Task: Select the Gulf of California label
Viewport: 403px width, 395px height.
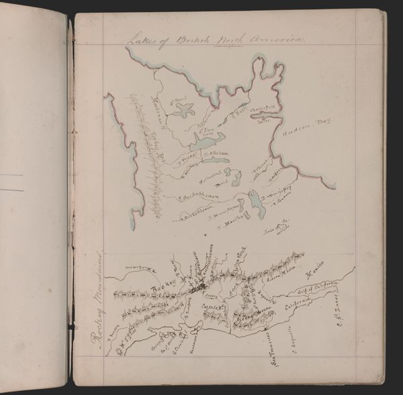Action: click(324, 294)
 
